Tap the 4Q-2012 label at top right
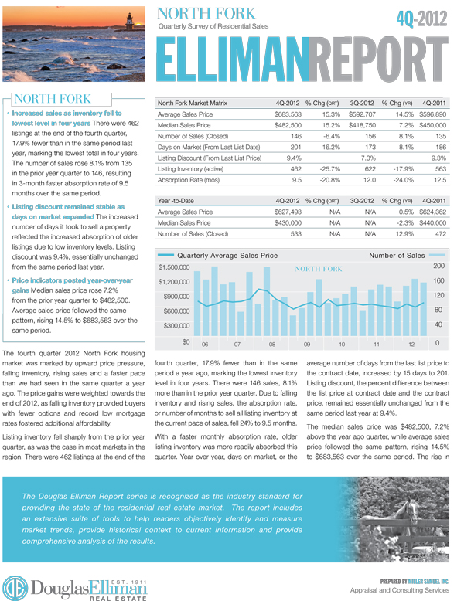pos(421,19)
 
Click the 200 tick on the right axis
pos(438,266)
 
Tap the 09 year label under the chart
pos(307,345)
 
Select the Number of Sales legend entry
pos(397,255)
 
